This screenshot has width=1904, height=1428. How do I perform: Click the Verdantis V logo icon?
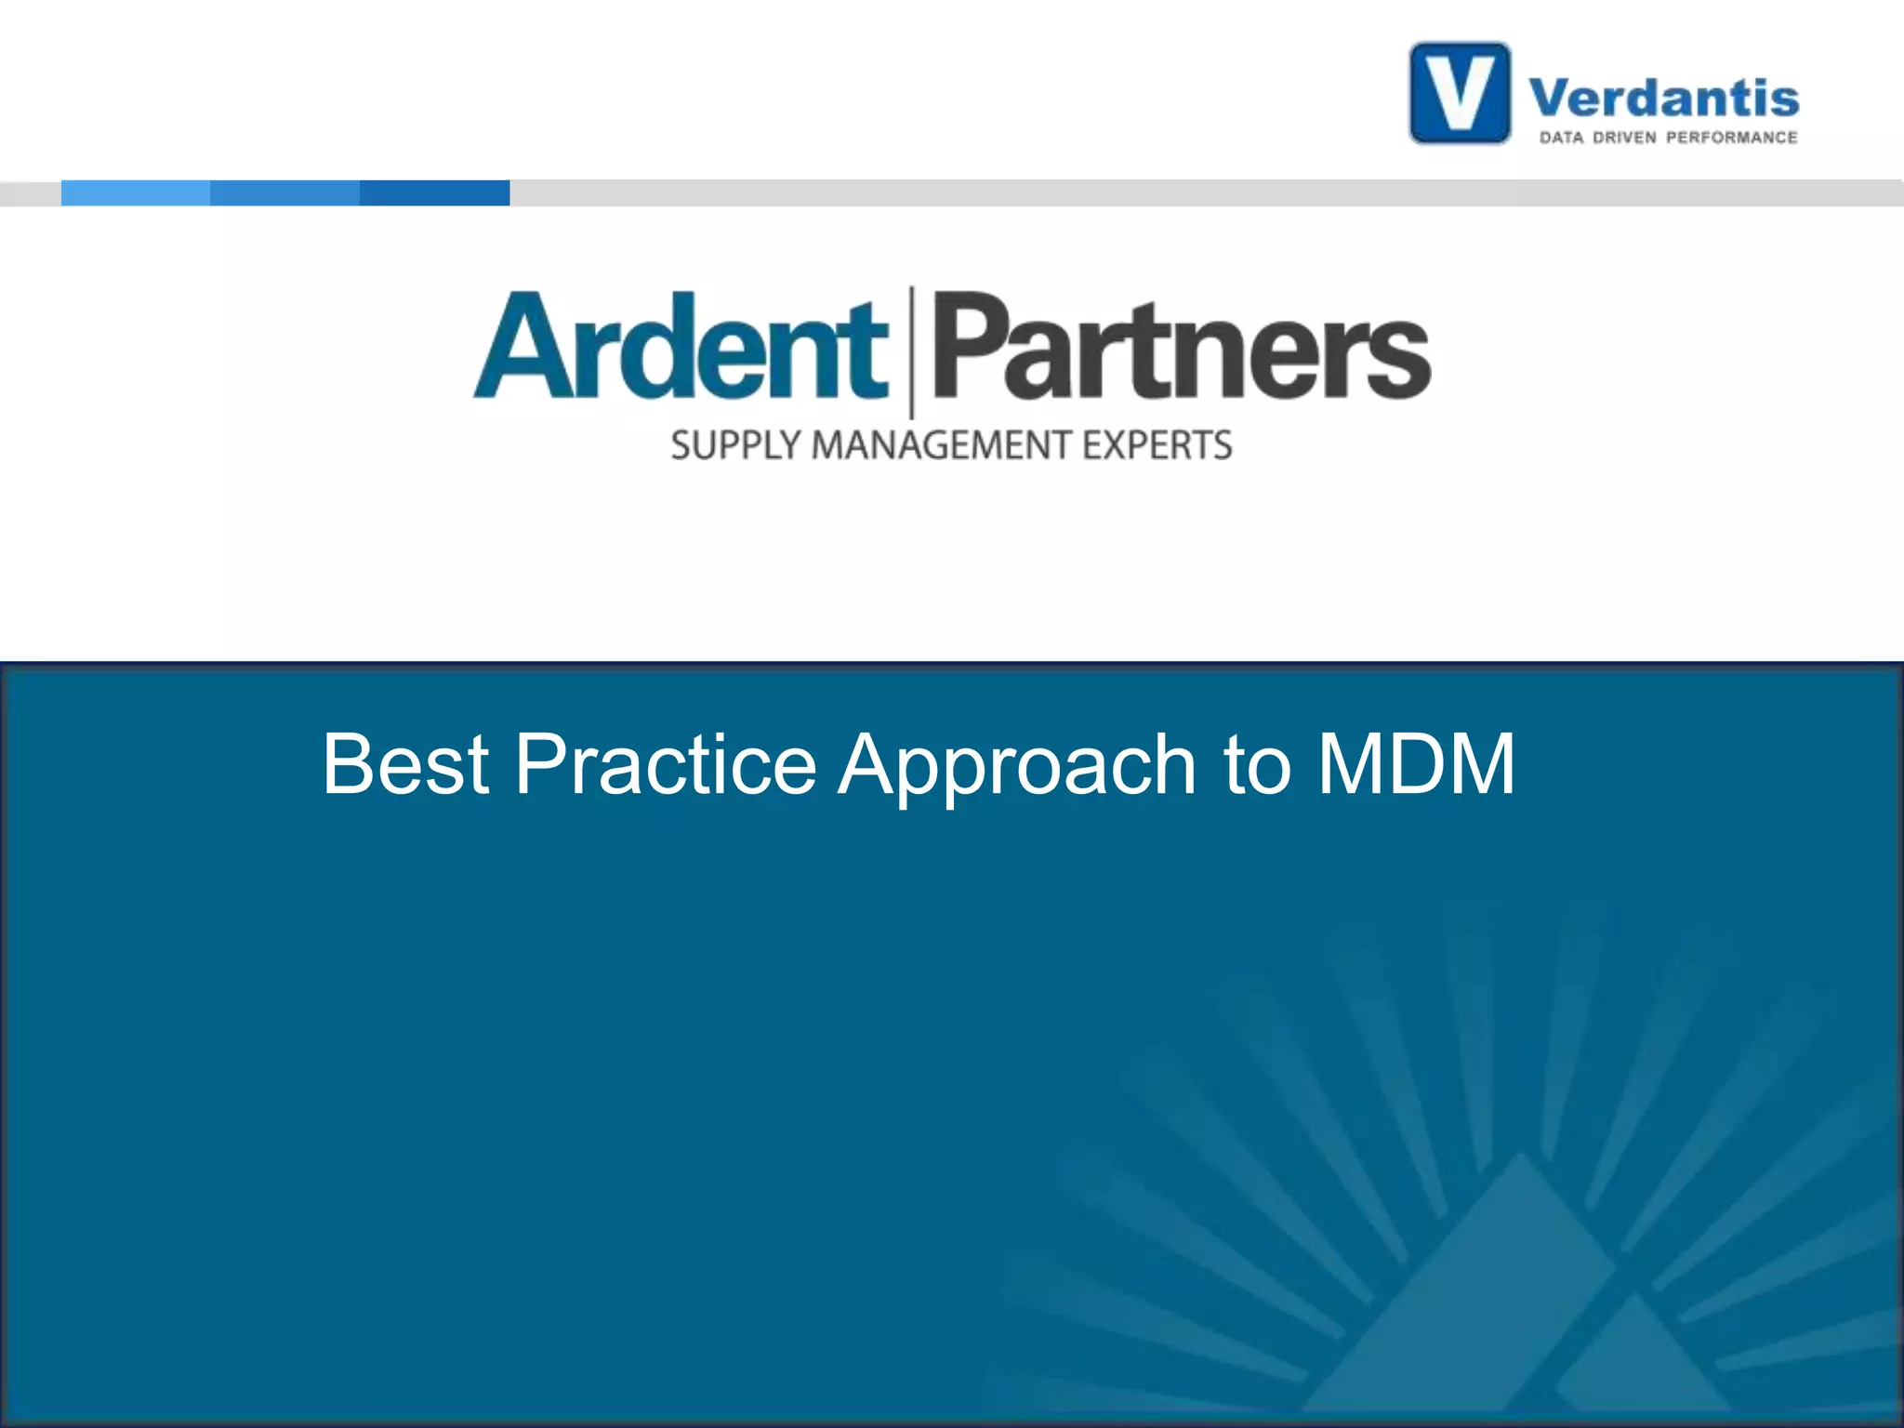click(x=1460, y=93)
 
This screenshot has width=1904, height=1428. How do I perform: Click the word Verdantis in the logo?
click(x=1664, y=99)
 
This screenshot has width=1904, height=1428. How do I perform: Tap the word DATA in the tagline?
click(x=1561, y=138)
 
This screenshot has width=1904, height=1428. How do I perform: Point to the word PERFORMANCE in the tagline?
click(x=1732, y=138)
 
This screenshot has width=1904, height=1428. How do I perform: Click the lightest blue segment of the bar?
click(x=136, y=192)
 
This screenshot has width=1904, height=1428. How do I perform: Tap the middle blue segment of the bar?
click(x=284, y=192)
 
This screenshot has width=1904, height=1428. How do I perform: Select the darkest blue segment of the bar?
click(x=434, y=192)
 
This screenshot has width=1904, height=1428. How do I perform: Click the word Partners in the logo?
click(x=1181, y=348)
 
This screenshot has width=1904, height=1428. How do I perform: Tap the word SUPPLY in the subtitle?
click(x=735, y=445)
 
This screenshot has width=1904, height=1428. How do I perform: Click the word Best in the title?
click(x=405, y=764)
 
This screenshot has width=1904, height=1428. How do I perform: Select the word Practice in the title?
click(x=666, y=764)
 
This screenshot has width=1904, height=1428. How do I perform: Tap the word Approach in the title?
click(x=1017, y=766)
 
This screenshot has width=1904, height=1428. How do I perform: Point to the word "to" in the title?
click(x=1257, y=766)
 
